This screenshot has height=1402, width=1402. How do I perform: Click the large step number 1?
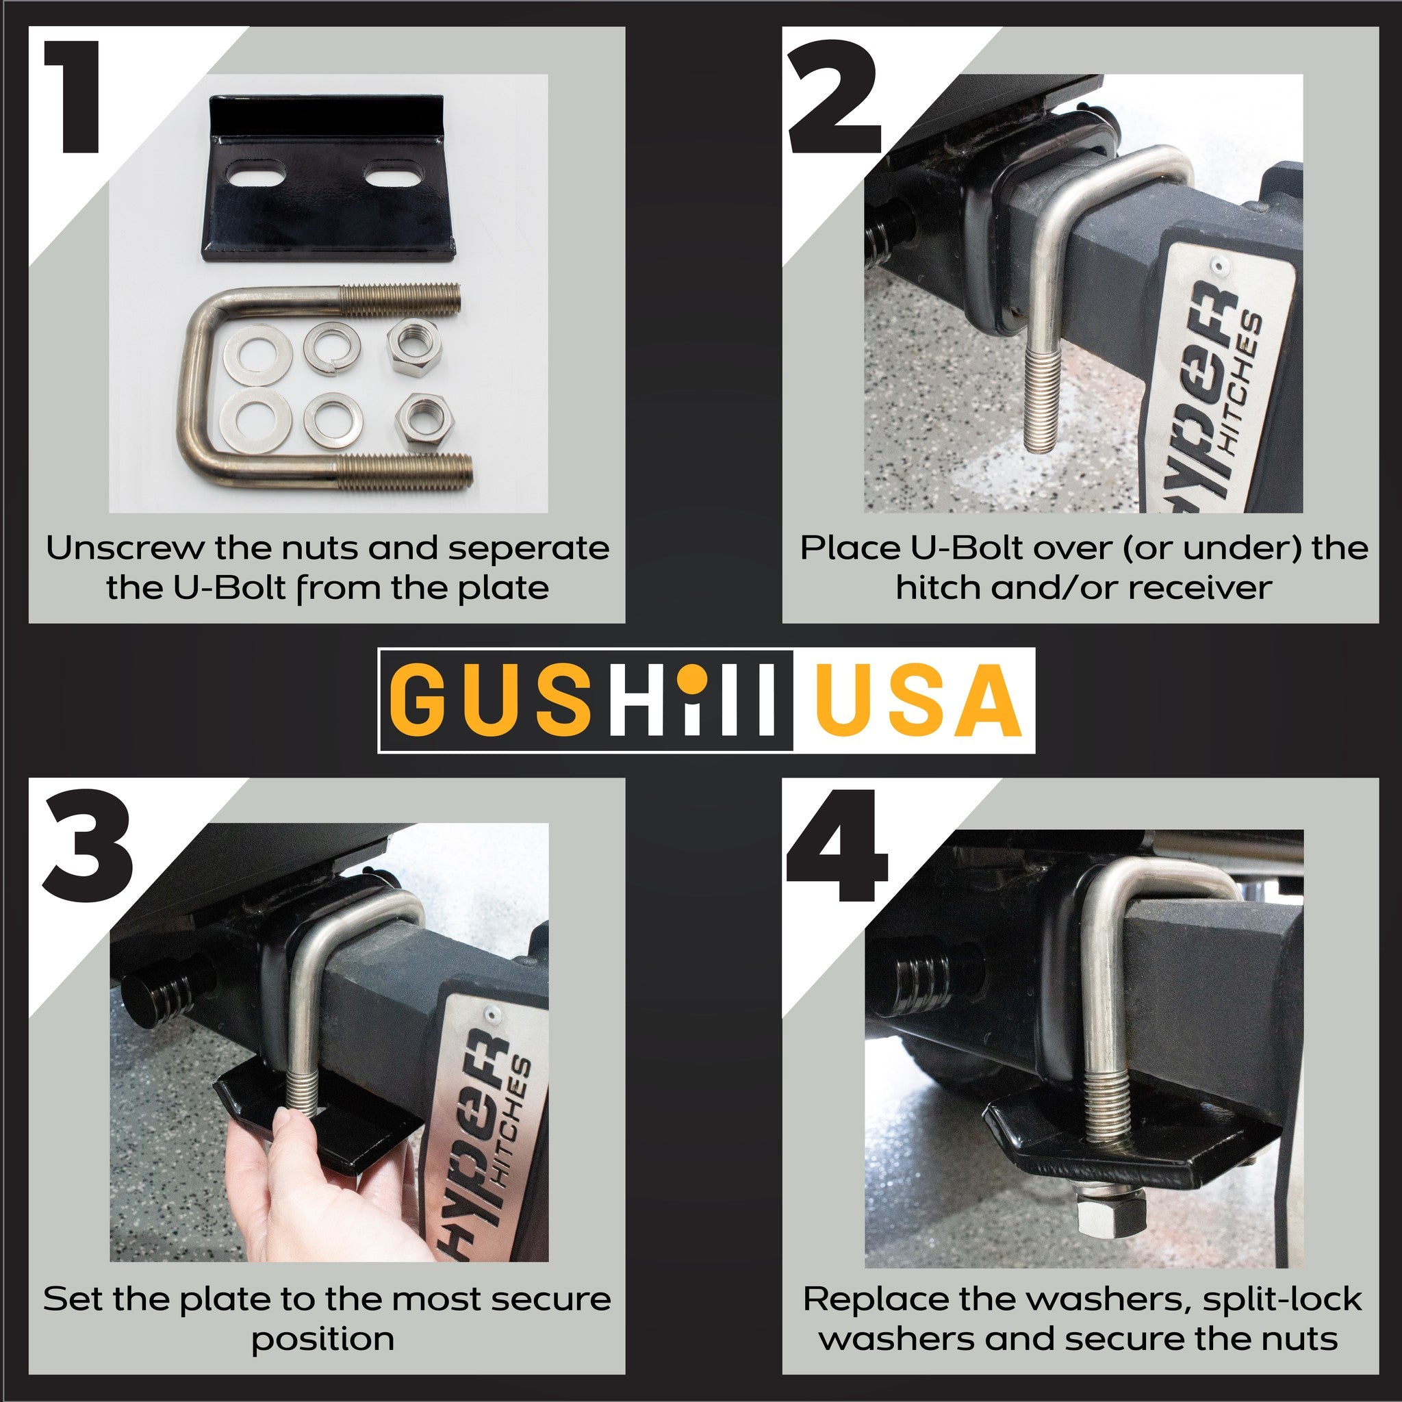72,97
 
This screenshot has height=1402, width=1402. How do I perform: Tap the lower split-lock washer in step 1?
333,420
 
